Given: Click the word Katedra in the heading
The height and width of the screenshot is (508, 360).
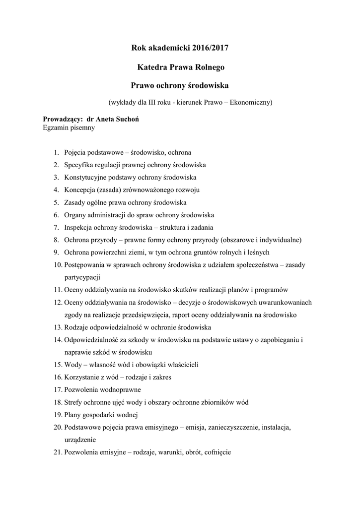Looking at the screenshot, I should (x=152, y=66).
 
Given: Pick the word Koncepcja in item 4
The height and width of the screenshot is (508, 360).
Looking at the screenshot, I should (x=80, y=190).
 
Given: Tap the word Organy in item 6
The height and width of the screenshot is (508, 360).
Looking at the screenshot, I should (x=75, y=215).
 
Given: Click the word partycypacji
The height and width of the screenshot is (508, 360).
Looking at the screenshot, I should (x=82, y=278).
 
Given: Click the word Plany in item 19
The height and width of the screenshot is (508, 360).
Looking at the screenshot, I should (x=73, y=415).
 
